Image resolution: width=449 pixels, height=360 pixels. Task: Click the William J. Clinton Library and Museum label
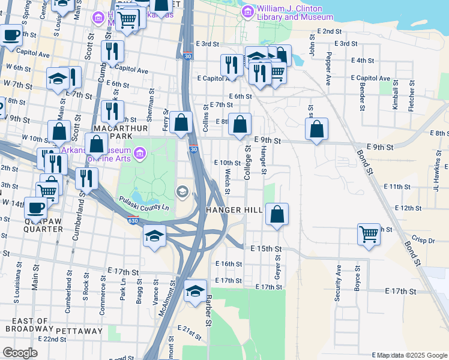[290, 13]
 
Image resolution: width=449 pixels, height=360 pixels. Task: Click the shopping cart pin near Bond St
[368, 234]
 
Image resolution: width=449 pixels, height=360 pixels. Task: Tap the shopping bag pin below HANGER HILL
[277, 214]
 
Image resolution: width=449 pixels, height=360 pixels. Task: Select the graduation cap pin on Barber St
[195, 292]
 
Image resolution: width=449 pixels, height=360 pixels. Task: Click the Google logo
[20, 353]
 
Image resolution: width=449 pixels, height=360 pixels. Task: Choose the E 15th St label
[266, 248]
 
